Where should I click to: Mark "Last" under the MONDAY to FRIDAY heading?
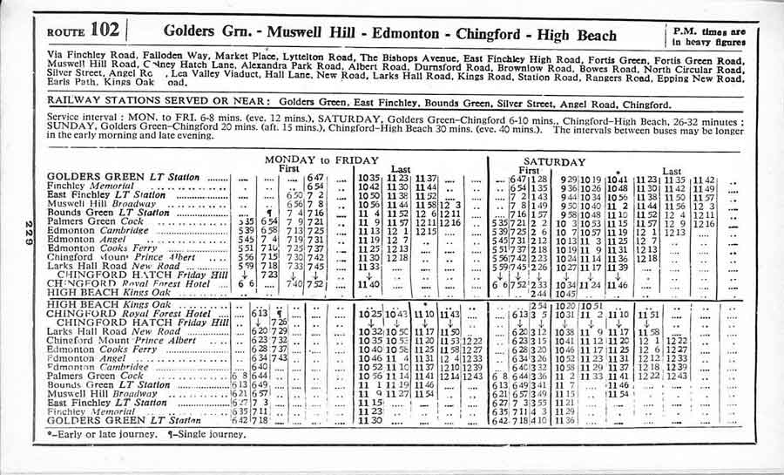[402, 169]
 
